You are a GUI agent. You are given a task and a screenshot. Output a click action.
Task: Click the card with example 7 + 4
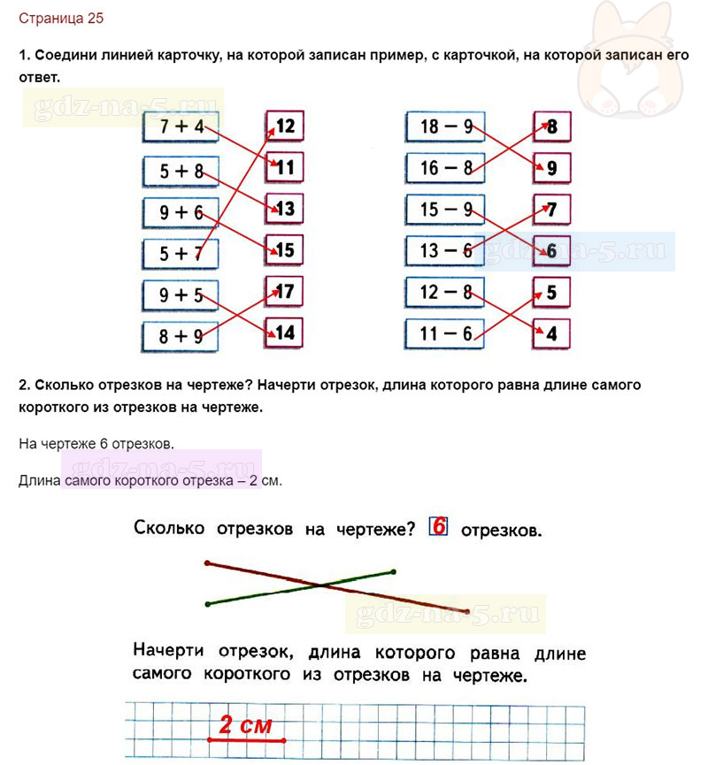(x=181, y=126)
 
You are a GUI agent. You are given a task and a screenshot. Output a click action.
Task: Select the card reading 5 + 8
(x=181, y=172)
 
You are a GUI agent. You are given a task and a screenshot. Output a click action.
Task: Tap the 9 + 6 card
(x=181, y=213)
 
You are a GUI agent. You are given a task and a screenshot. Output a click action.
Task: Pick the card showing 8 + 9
(x=181, y=337)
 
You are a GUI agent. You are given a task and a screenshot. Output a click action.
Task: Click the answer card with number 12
(x=285, y=126)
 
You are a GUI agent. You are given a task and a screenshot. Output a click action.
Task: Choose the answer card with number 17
(x=284, y=292)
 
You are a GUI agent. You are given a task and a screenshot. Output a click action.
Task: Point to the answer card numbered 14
(x=284, y=333)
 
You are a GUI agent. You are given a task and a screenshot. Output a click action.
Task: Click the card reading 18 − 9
(x=445, y=126)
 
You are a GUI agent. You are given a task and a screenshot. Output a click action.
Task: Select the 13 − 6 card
(x=445, y=251)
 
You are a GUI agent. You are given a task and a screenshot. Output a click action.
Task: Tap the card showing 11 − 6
(x=444, y=333)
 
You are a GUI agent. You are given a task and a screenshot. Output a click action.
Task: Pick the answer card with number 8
(x=551, y=126)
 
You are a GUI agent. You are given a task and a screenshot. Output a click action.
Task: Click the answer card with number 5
(x=551, y=292)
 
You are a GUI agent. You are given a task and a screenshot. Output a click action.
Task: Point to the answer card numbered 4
(x=551, y=334)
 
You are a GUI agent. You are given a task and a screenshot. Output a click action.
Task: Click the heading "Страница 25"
(x=61, y=19)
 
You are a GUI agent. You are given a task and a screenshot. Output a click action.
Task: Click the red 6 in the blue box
(x=438, y=526)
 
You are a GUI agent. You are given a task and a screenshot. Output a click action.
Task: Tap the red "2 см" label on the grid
(x=245, y=724)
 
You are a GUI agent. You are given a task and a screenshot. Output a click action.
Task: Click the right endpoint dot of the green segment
(x=394, y=572)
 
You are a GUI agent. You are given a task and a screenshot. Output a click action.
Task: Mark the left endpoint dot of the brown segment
(x=207, y=563)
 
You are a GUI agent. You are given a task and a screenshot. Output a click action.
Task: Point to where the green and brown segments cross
(x=319, y=585)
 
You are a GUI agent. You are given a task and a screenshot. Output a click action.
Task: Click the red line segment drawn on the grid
(x=247, y=740)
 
